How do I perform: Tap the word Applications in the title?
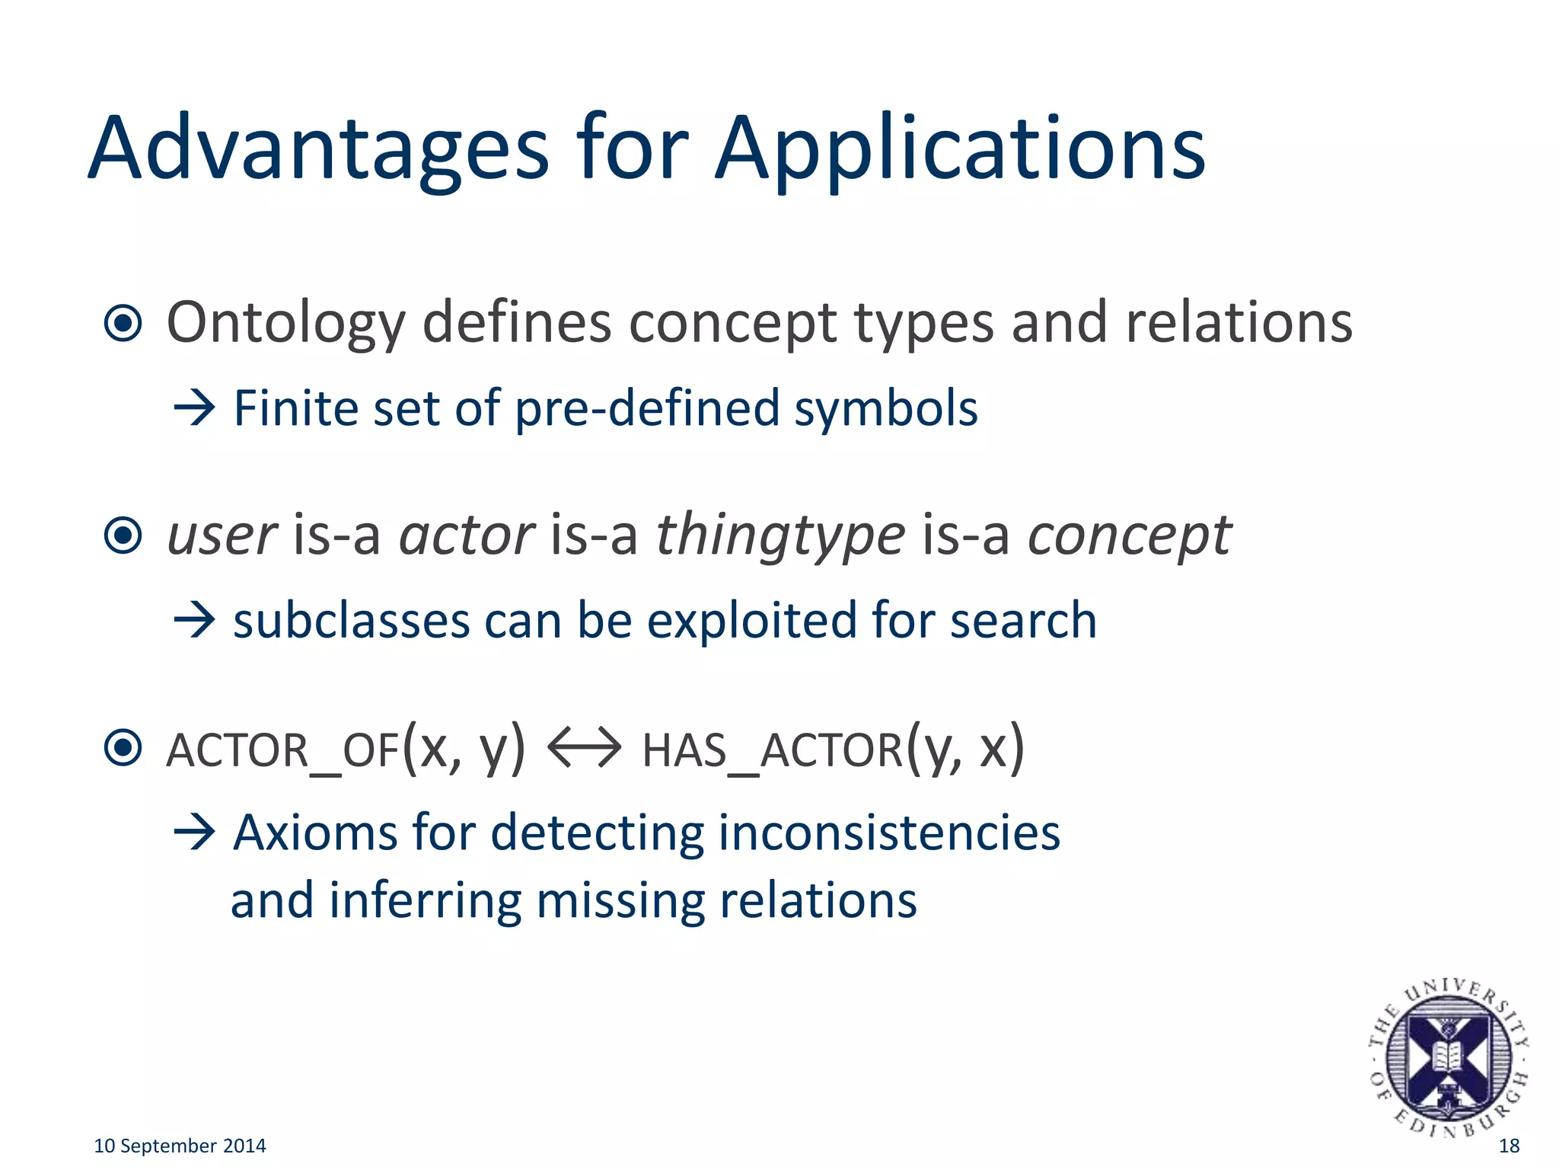pyautogui.click(x=960, y=149)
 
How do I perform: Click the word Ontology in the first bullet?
pyautogui.click(x=285, y=323)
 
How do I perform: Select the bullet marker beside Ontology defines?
pyautogui.click(x=123, y=323)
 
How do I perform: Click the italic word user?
pyautogui.click(x=222, y=535)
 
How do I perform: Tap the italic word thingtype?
pyautogui.click(x=780, y=535)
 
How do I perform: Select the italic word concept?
pyautogui.click(x=1130, y=535)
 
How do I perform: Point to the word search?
pyautogui.click(x=1023, y=620)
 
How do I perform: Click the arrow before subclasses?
pyautogui.click(x=195, y=620)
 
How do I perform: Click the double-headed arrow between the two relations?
pyautogui.click(x=584, y=748)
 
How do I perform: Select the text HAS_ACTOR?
pyautogui.click(x=772, y=750)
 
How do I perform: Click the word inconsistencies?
pyautogui.click(x=888, y=833)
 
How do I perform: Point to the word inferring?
pyautogui.click(x=426, y=900)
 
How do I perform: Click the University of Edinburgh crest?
pyautogui.click(x=1448, y=1058)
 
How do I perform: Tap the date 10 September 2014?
pyautogui.click(x=180, y=1146)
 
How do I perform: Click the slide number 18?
pyautogui.click(x=1509, y=1146)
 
